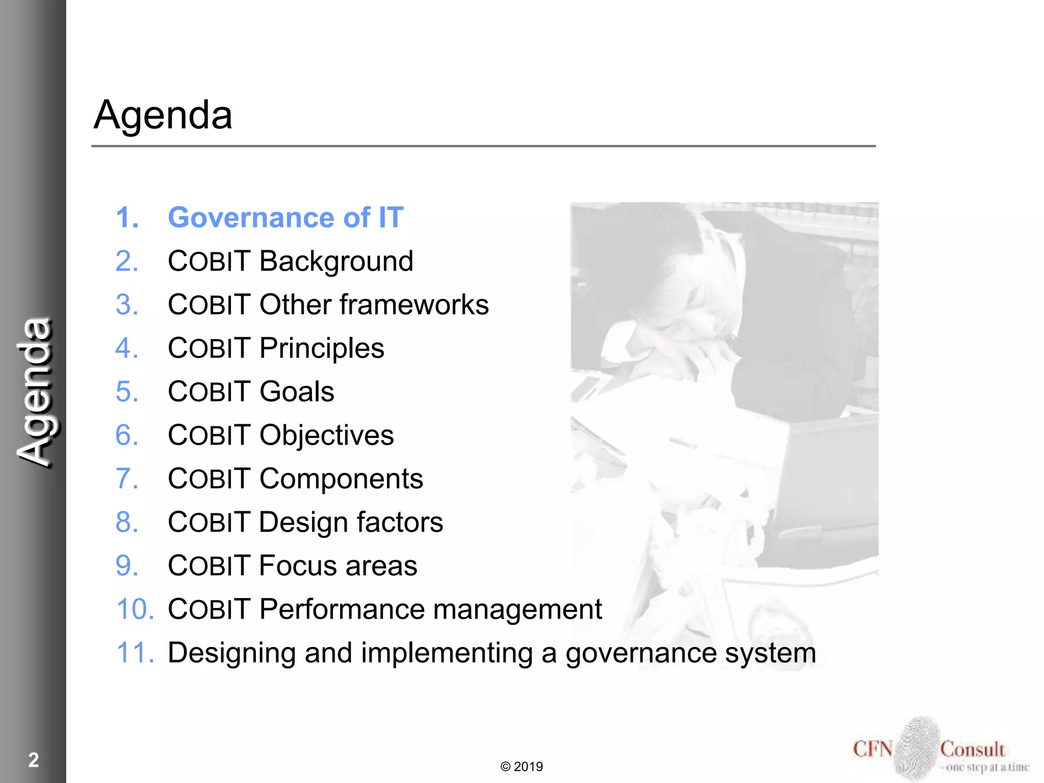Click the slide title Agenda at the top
(163, 115)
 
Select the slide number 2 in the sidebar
(34, 760)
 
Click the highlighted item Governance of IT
(285, 218)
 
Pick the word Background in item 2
(336, 262)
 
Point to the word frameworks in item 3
(414, 305)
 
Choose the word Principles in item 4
(322, 349)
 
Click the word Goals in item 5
(297, 392)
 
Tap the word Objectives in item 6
(326, 436)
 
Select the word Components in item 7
(341, 479)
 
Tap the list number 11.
(135, 653)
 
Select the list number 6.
(127, 436)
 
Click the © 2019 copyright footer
(521, 767)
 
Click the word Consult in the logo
(972, 749)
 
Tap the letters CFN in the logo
(873, 749)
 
